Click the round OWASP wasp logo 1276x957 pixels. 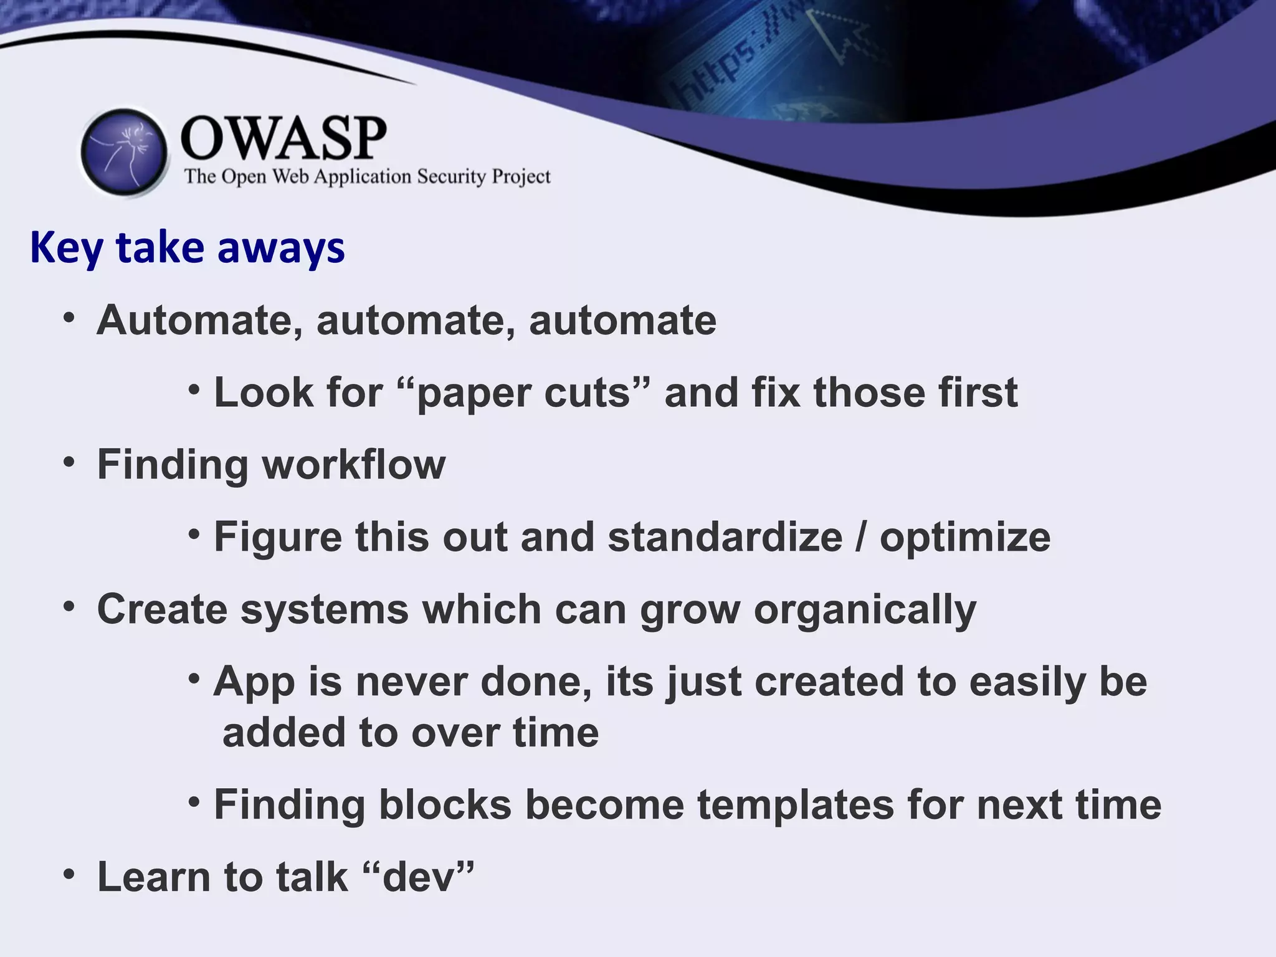click(x=125, y=153)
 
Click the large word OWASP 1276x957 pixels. click(x=283, y=138)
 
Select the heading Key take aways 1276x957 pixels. click(x=187, y=248)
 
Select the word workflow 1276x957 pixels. click(x=353, y=465)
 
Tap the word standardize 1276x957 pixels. click(x=725, y=537)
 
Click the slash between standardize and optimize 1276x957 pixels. click(x=860, y=537)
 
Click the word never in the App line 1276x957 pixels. click(x=411, y=682)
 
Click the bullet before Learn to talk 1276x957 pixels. click(x=69, y=874)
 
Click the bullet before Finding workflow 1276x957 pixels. click(x=69, y=462)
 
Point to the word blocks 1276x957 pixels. click(x=445, y=805)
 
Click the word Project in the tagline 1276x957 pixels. click(x=521, y=178)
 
